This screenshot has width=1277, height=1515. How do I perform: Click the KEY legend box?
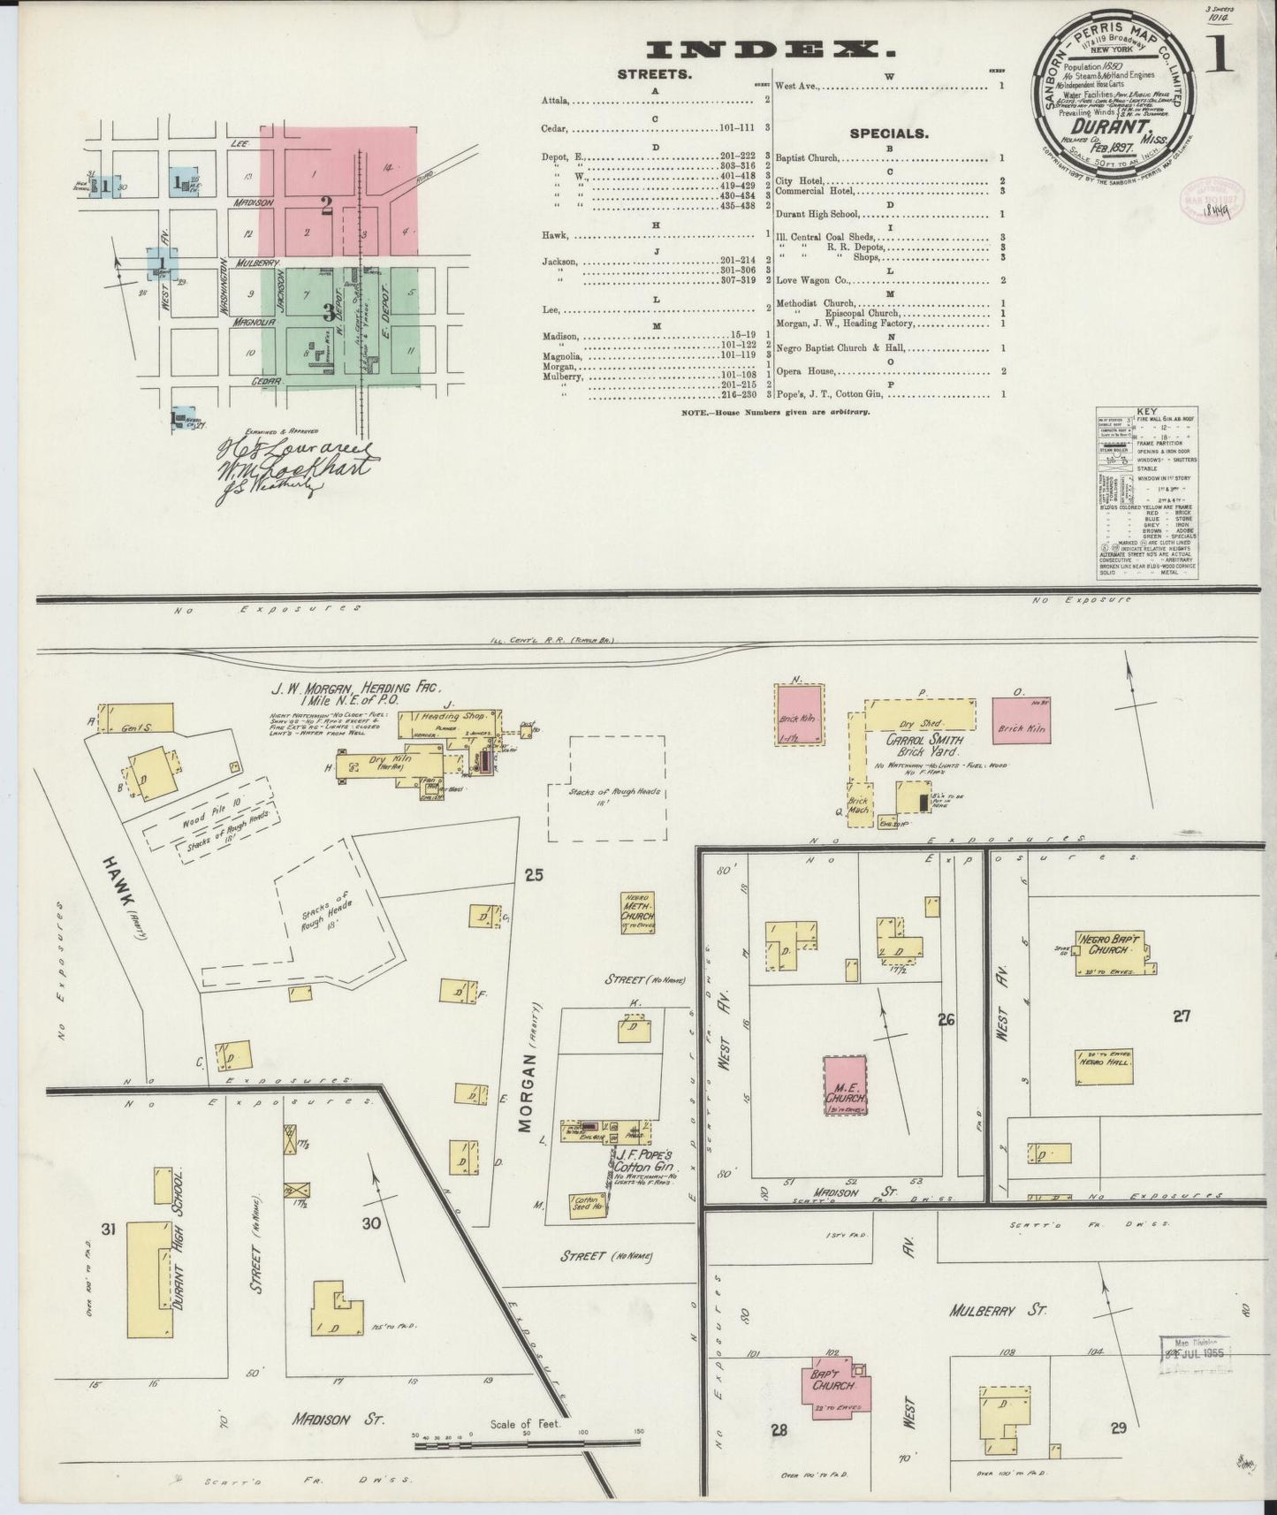(x=1147, y=496)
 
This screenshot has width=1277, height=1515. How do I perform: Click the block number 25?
(x=533, y=875)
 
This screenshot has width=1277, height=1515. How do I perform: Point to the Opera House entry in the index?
(x=810, y=371)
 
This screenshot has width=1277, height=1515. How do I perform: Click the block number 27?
(x=1181, y=1016)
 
